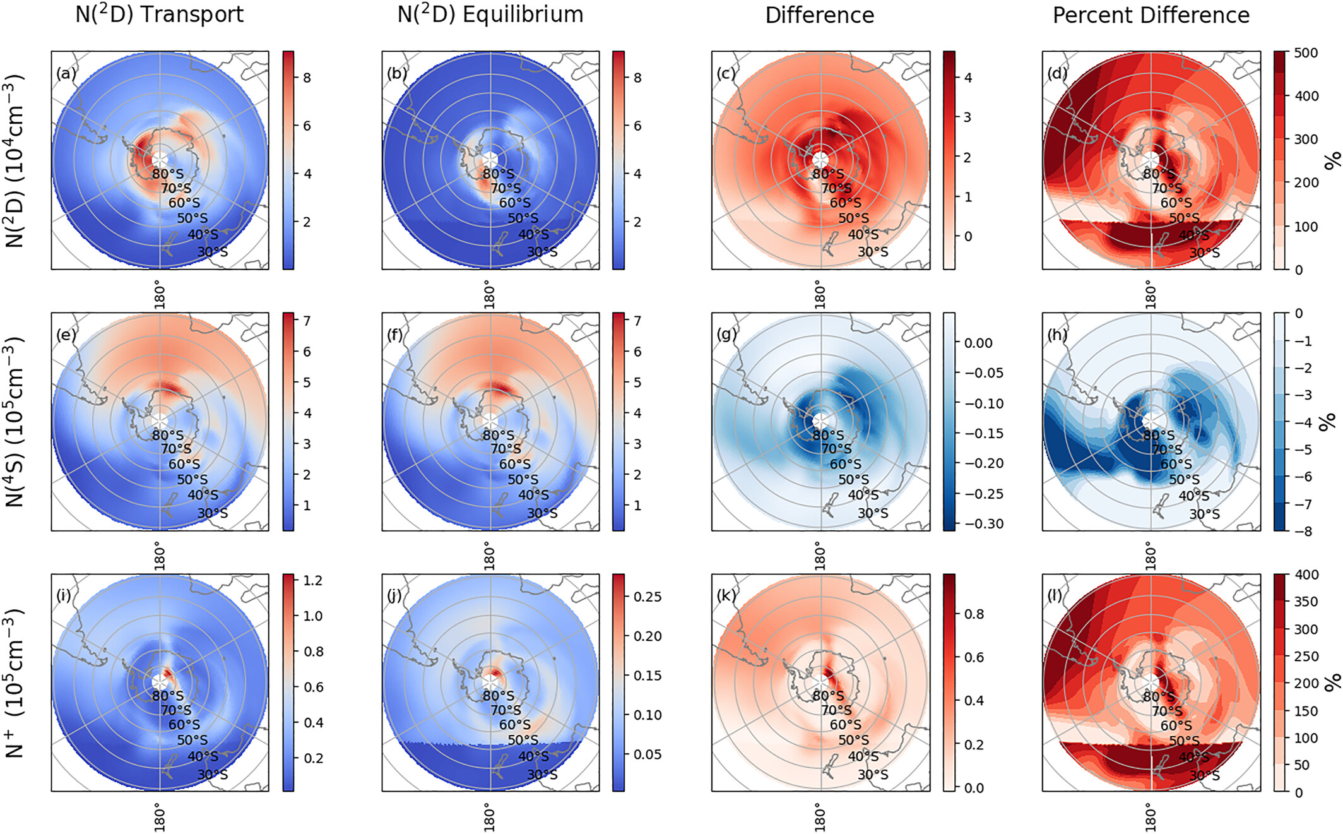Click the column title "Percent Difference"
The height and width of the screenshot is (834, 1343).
(1151, 15)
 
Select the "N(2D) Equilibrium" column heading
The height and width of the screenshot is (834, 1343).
(490, 14)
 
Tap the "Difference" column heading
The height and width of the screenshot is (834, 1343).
(820, 15)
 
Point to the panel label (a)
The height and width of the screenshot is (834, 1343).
(66, 73)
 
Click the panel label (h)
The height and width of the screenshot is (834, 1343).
(1057, 334)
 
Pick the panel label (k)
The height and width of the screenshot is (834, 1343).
(726, 595)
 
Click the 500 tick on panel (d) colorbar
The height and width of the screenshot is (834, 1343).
(1305, 53)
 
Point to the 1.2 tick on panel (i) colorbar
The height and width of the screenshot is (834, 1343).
(312, 581)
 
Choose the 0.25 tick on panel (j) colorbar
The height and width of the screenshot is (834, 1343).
(647, 597)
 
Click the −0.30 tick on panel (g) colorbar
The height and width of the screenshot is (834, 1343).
(983, 524)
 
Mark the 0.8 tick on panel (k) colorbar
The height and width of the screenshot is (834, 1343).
(974, 614)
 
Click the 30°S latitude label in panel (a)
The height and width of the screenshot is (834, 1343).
(213, 252)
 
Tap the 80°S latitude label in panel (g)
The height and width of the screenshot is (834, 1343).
(828, 435)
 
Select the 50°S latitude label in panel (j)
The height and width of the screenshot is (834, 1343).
(523, 740)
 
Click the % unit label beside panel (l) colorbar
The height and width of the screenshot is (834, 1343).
(1332, 682)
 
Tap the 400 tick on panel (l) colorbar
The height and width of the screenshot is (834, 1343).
(1306, 575)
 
